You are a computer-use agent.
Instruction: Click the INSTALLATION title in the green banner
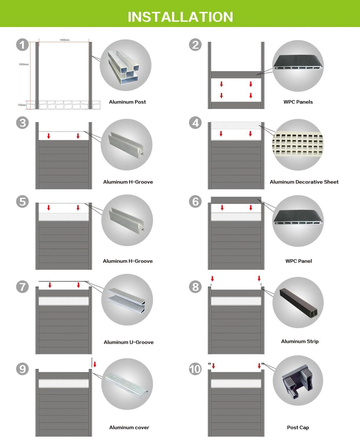180,17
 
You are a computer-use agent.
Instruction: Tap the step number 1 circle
22,45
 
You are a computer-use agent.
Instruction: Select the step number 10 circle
195,369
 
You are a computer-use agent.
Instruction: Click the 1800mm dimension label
64,40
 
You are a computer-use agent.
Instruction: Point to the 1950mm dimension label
24,64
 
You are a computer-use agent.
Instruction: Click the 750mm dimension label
22,105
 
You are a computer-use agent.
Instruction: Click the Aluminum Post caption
127,102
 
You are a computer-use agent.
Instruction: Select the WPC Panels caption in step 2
298,102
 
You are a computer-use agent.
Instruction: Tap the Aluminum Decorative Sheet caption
304,182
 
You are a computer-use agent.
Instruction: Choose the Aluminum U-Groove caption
129,342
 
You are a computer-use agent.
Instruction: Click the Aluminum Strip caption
300,342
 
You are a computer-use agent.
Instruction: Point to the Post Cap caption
298,427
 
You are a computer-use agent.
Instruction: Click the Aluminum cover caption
129,427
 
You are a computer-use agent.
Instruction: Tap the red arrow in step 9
95,364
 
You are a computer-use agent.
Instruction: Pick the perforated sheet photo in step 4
298,144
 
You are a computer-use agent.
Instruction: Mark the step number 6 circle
195,202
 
